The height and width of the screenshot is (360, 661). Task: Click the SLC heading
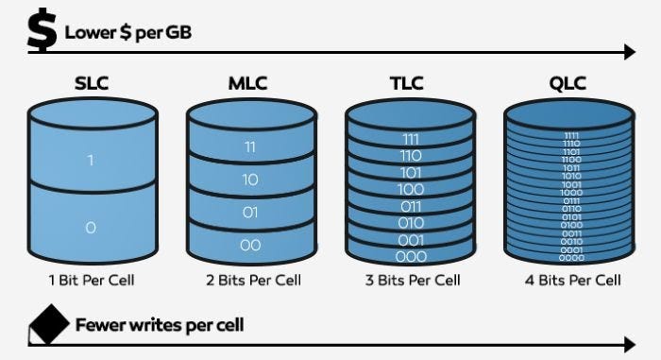pos(92,84)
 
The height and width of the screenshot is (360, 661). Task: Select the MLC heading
pos(249,84)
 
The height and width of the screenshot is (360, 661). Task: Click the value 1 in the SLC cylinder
pos(91,161)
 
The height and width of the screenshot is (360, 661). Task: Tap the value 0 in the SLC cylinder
pos(91,228)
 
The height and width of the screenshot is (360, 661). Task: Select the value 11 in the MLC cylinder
pos(249,147)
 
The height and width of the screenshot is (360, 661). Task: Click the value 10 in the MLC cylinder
pos(249,180)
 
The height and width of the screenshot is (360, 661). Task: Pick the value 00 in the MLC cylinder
pos(249,245)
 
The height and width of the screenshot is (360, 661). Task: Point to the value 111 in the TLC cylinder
pos(411,139)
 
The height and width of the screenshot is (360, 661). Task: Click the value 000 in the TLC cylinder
pos(411,255)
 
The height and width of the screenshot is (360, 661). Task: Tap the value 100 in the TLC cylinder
pos(411,189)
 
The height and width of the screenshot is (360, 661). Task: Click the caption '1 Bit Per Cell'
pos(92,281)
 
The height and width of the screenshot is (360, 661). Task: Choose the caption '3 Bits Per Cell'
pos(412,281)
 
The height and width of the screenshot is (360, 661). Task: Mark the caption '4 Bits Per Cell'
pos(572,281)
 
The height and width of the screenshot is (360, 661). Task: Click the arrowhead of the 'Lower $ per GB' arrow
pos(630,52)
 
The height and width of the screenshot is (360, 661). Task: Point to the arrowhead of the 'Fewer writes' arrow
pos(630,344)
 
